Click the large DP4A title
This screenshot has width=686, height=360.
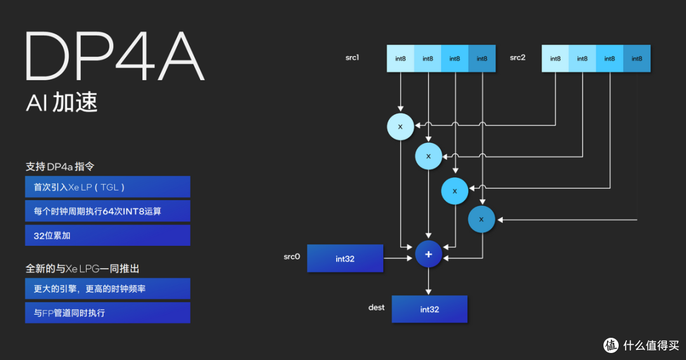[114, 56]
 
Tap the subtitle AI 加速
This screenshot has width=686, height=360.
[62, 103]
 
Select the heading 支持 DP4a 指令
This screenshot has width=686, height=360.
[60, 166]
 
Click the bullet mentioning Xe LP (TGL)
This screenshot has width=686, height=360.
[107, 187]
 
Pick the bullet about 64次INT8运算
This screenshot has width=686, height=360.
[107, 211]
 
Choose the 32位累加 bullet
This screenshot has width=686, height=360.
[107, 236]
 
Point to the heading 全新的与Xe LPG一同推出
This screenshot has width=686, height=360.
[82, 269]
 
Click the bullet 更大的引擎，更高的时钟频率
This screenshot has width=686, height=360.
[107, 289]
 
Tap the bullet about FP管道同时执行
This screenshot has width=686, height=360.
[107, 313]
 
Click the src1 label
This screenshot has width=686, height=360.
[352, 57]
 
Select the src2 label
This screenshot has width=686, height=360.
[518, 57]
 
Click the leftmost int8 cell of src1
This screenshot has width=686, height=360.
[400, 58]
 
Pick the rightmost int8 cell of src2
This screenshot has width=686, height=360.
[637, 58]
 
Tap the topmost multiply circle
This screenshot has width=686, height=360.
[400, 127]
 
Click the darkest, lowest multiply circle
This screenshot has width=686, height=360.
[481, 219]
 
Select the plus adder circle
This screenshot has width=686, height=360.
[428, 254]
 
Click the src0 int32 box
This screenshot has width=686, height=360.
[345, 258]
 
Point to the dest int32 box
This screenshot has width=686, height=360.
[429, 309]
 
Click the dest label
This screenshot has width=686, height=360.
[376, 307]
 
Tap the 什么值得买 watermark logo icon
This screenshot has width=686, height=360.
[611, 345]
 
